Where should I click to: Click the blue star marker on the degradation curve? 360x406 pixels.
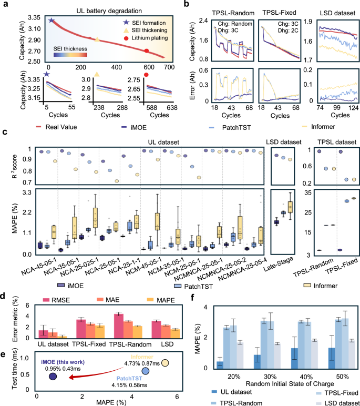[51, 21]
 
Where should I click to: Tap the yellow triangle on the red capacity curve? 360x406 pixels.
[97, 39]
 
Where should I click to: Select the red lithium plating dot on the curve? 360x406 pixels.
[147, 50]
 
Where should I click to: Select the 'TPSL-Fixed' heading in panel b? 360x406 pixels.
[280, 11]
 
